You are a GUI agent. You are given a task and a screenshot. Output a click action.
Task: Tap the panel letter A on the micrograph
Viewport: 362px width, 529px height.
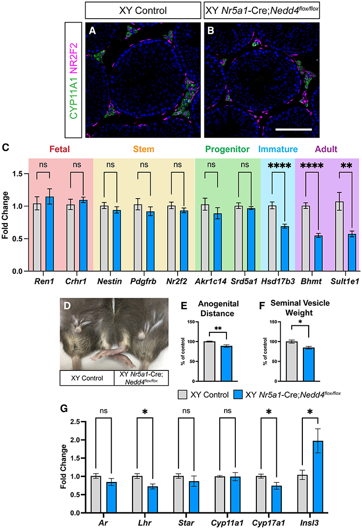[x=92, y=31]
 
